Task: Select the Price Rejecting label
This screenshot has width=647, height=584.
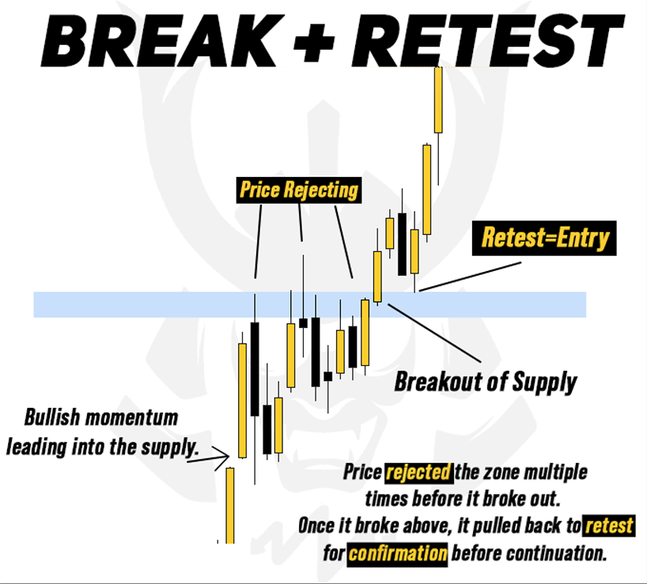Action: (298, 190)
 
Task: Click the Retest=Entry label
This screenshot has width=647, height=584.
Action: (545, 237)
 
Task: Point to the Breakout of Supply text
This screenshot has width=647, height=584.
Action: (486, 382)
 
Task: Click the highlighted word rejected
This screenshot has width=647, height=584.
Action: (418, 473)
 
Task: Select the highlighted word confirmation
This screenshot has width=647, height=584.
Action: (397, 552)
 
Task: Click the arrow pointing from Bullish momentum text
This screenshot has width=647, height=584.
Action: (217, 454)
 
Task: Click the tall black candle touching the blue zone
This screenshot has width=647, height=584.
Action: (255, 368)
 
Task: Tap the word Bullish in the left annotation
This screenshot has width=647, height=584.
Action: (57, 417)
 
